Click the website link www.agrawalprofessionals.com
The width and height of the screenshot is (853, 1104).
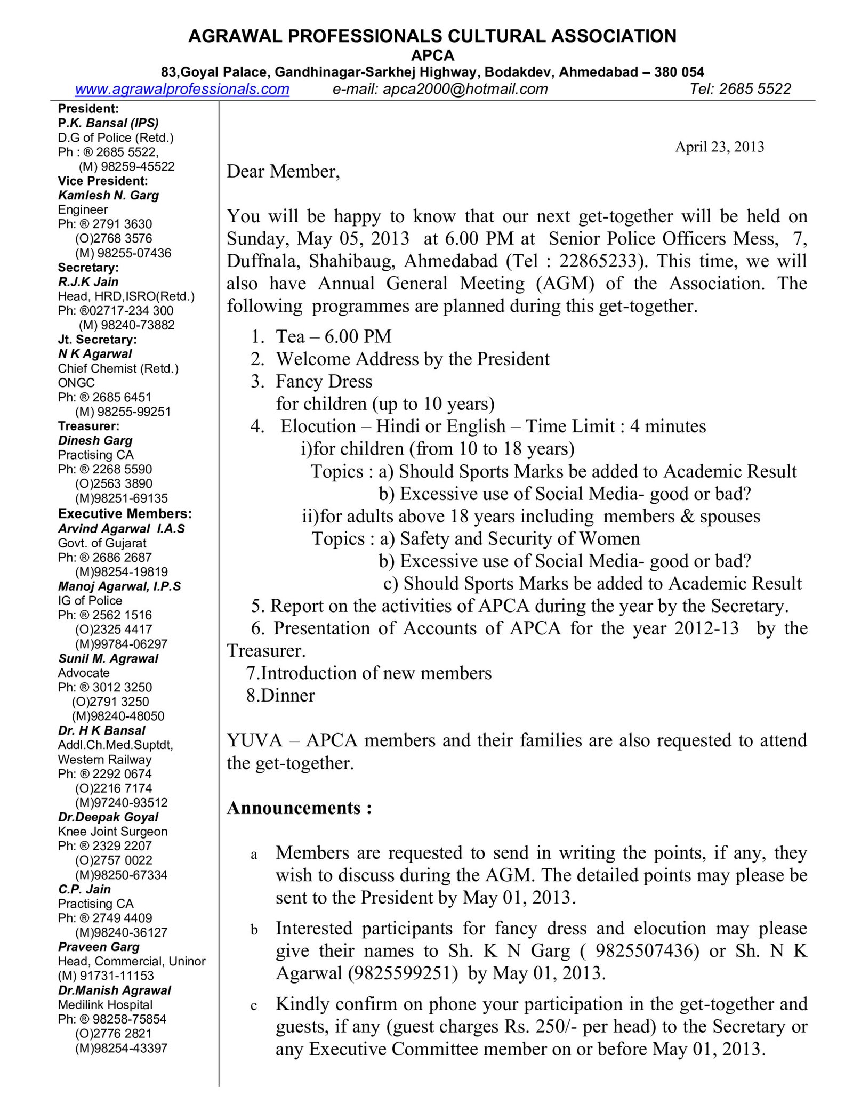pos(182,89)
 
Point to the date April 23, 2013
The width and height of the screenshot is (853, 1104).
pos(719,147)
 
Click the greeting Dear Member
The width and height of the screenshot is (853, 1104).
pos(283,171)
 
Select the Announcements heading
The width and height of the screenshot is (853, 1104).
pos(299,808)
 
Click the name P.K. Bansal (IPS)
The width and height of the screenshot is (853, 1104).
pos(108,123)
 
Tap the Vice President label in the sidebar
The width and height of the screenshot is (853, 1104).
pos(103,181)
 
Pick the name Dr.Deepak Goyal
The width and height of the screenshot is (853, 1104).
pos(108,817)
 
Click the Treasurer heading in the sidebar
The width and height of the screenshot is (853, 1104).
pos(88,426)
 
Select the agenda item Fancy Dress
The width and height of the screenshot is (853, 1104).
pos(324,382)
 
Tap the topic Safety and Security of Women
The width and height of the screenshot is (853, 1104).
pos(520,539)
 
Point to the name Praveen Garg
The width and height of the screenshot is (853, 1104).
pos(99,947)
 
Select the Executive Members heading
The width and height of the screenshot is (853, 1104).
pos(125,514)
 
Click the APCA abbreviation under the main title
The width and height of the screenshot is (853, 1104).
pos(432,55)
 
